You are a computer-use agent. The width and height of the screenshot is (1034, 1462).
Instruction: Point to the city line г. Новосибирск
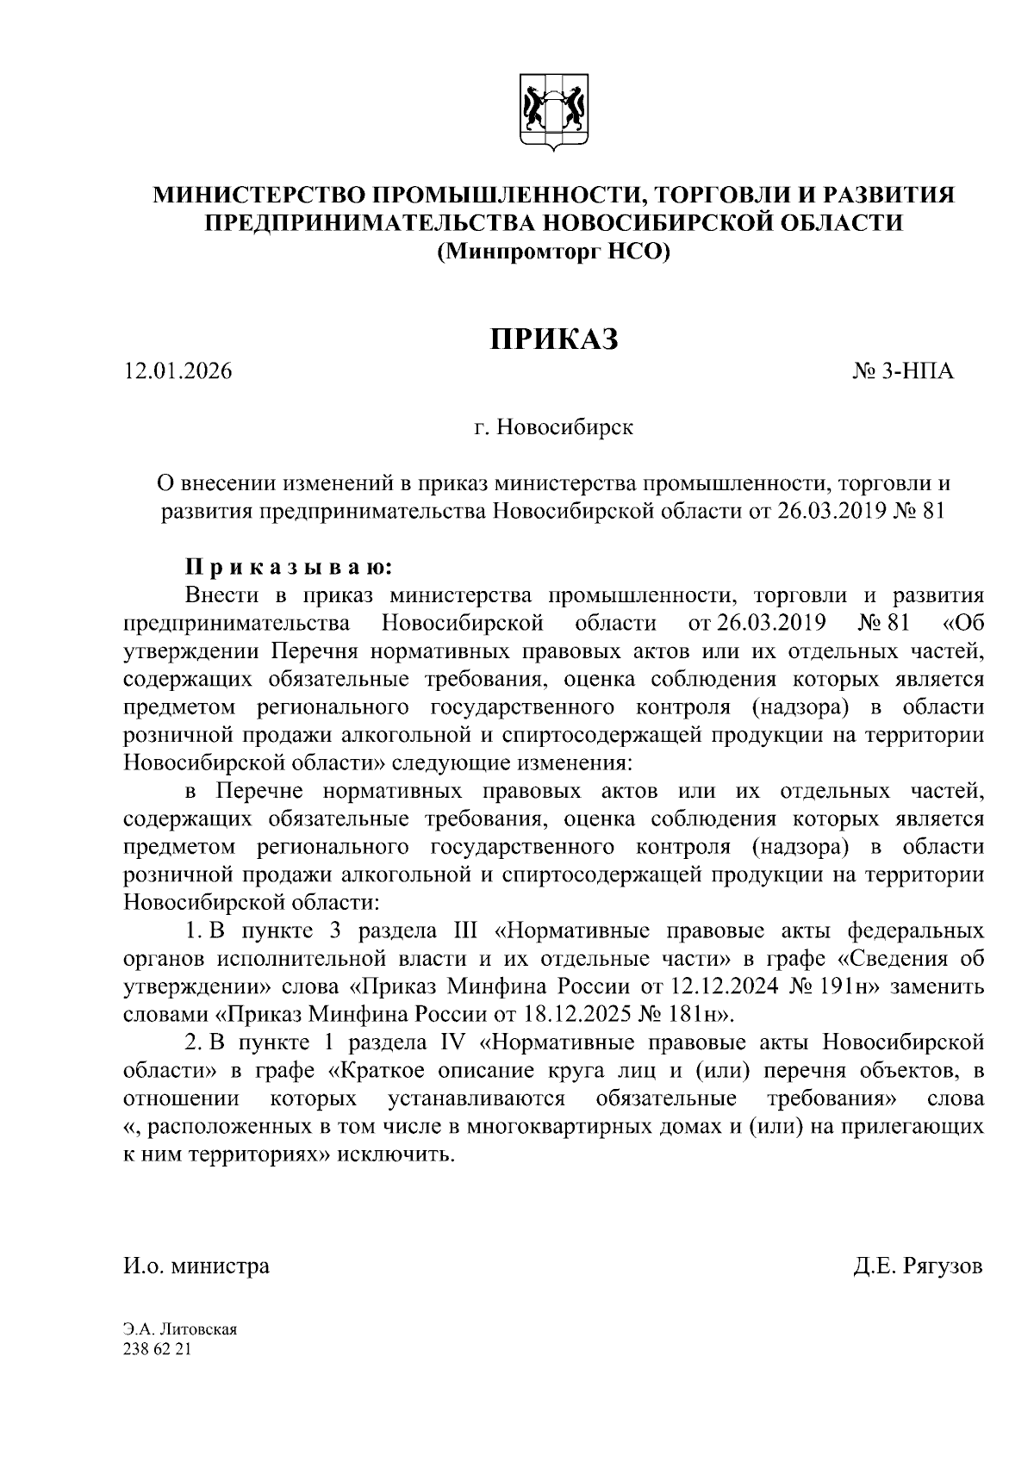[x=553, y=427]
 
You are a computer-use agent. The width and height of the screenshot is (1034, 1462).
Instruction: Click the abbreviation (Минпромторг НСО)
[x=553, y=252]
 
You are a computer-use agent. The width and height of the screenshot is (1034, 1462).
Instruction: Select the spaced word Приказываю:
[x=289, y=567]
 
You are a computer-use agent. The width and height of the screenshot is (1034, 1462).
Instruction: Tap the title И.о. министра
[x=196, y=1266]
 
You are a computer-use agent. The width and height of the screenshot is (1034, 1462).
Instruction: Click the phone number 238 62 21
[x=156, y=1349]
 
